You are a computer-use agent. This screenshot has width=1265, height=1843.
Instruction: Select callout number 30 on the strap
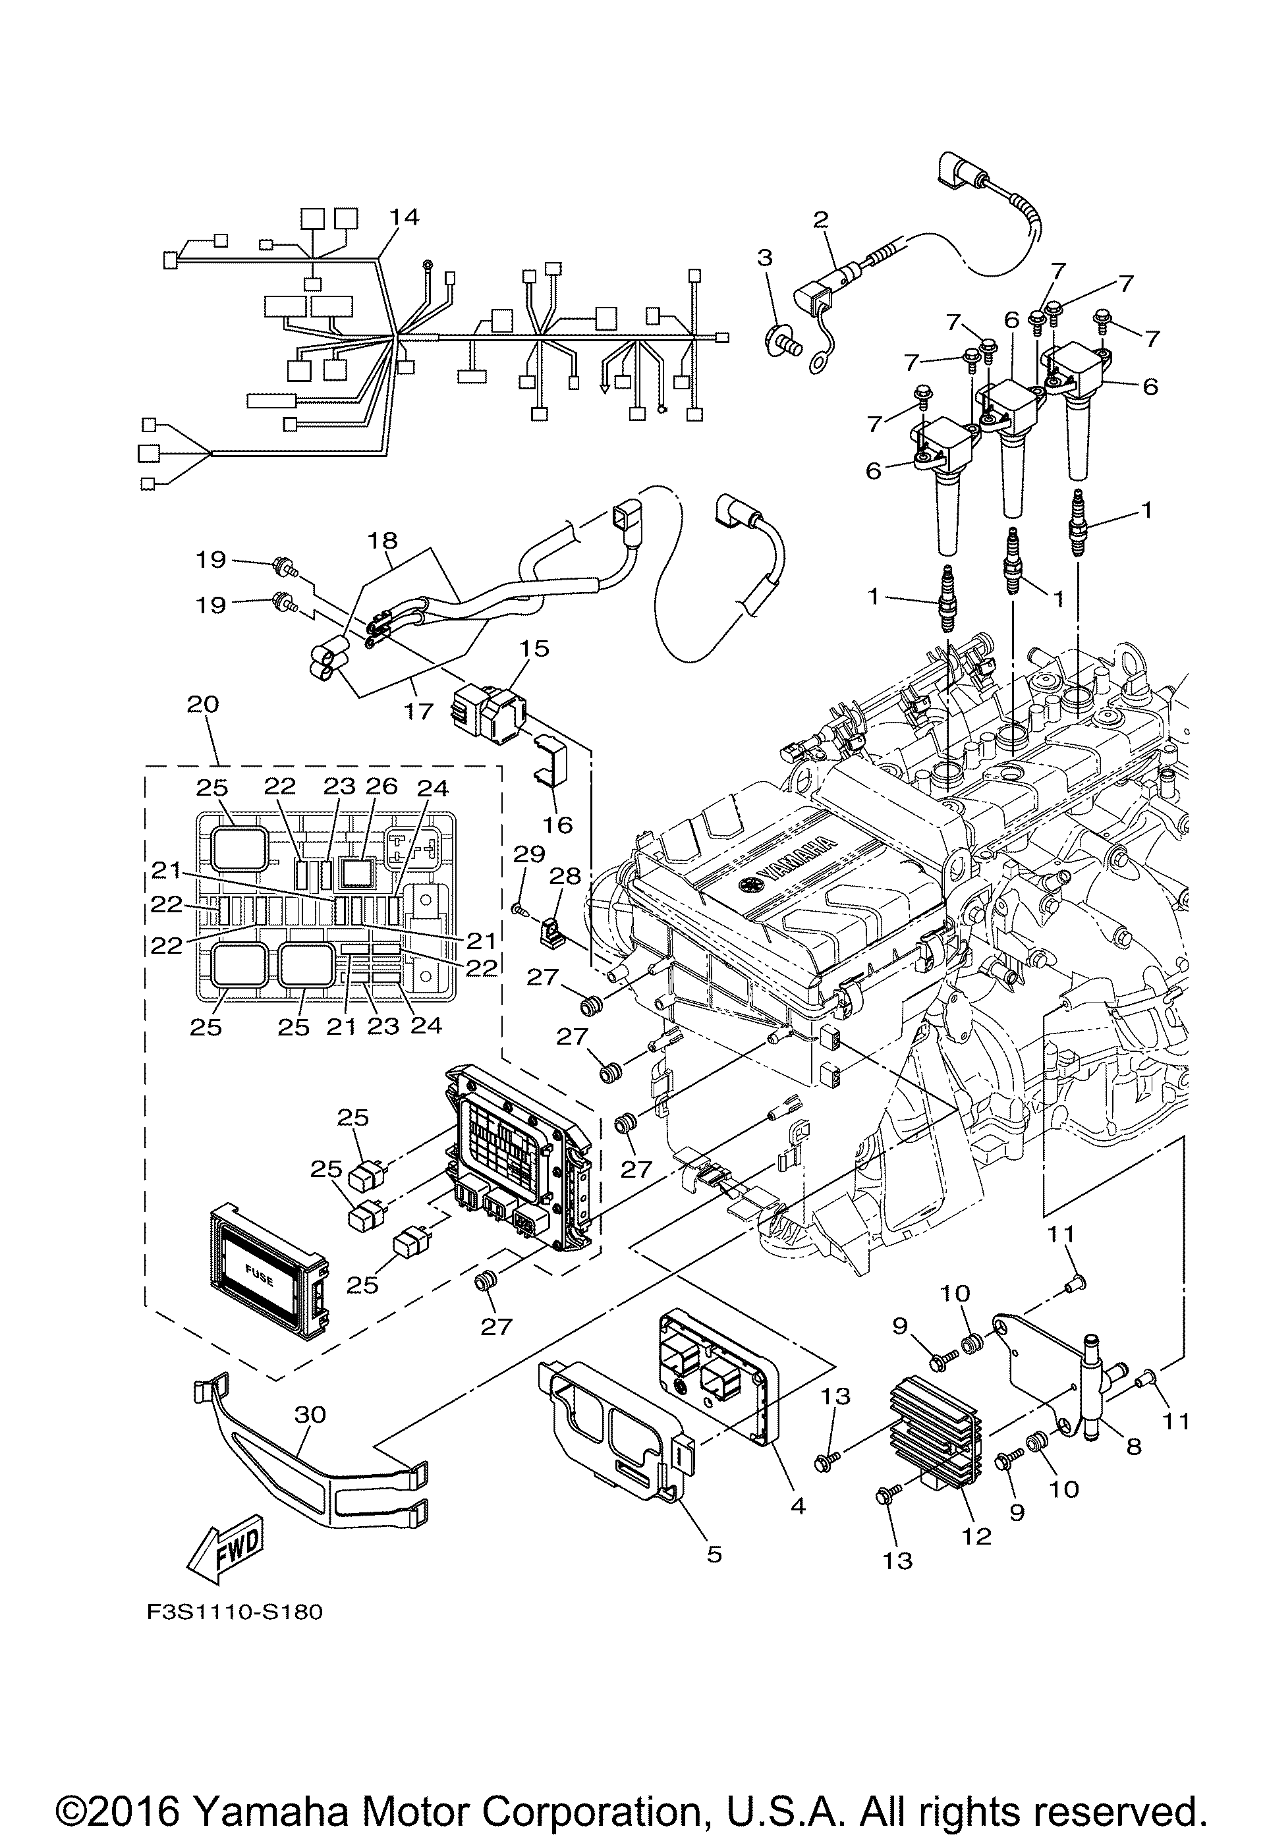pos(310,1414)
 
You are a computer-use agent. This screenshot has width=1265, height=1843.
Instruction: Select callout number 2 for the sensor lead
pos(820,219)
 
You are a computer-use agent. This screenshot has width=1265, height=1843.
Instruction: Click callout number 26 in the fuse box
pos(381,786)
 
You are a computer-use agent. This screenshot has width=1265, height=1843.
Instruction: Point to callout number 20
pos(204,703)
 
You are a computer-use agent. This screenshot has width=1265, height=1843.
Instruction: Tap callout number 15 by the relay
pos(536,648)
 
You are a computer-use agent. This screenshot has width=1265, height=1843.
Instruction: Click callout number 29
pos(530,854)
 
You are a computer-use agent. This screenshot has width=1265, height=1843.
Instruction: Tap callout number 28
pos(566,875)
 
